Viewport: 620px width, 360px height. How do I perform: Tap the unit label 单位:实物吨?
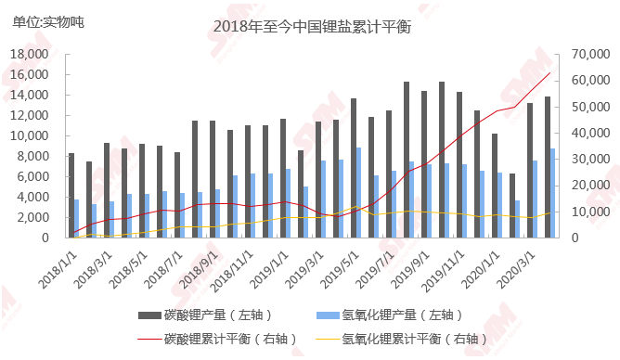click(x=47, y=21)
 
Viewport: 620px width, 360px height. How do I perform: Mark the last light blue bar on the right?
click(x=553, y=193)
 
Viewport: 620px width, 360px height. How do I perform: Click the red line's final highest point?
click(x=550, y=72)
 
